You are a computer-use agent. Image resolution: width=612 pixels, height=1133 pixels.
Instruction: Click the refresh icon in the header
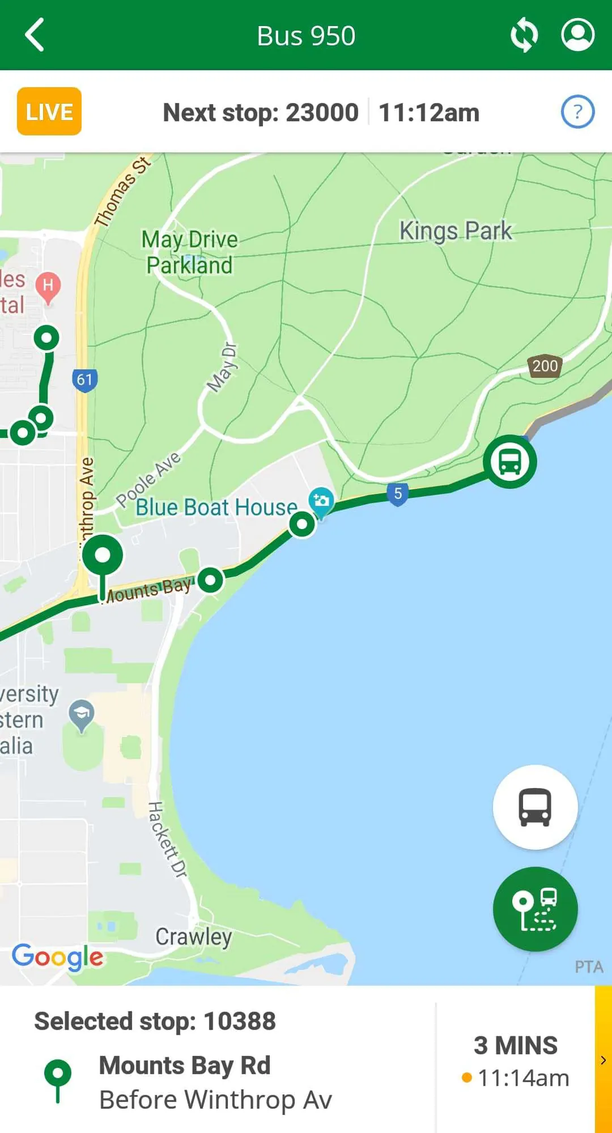(524, 35)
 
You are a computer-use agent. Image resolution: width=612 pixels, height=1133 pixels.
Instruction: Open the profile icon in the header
(577, 35)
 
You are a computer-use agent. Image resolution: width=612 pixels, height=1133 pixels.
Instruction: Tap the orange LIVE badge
(49, 112)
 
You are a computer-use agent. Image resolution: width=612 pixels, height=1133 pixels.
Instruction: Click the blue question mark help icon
(577, 112)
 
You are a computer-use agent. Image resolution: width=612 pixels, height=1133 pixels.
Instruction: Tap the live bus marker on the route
(510, 462)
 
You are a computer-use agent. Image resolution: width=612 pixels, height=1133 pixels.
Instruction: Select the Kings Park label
(456, 231)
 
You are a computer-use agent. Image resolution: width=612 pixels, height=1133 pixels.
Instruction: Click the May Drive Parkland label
(190, 253)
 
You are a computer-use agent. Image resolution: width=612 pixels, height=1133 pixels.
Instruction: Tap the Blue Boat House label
(216, 508)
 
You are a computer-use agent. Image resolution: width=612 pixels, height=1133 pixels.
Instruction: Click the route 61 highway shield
(85, 380)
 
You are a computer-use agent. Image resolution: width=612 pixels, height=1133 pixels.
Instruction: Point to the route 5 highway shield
(398, 494)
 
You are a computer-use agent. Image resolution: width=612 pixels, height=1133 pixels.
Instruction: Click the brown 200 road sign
(545, 367)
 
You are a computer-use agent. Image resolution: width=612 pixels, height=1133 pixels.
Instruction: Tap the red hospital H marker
(48, 286)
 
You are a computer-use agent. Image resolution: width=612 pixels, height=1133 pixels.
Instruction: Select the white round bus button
(535, 807)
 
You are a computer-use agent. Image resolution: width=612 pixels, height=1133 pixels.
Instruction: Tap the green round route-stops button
(535, 909)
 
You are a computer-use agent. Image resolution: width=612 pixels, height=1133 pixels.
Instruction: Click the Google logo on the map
(58, 956)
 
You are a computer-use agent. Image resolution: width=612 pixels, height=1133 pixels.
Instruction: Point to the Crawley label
(194, 937)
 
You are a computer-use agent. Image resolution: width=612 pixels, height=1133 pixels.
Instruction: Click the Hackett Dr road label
(167, 840)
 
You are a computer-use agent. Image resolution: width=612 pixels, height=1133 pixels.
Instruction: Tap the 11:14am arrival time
(523, 1078)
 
